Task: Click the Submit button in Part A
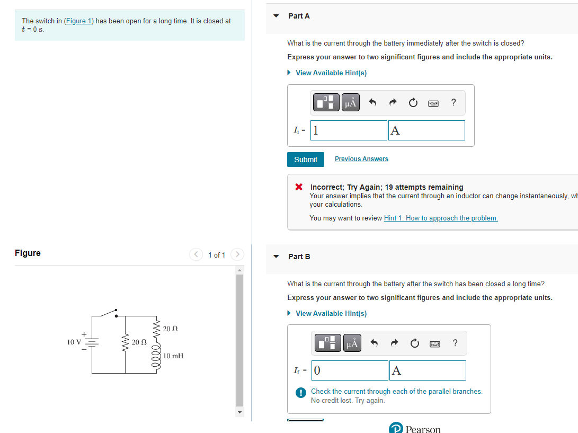(x=305, y=160)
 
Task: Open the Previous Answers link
(x=361, y=159)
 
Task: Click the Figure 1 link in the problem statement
(x=78, y=21)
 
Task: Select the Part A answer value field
(x=349, y=130)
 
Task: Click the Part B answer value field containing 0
(x=350, y=370)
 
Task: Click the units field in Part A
(x=426, y=130)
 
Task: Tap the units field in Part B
(x=428, y=370)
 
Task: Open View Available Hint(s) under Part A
(x=331, y=73)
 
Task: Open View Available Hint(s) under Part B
(x=331, y=313)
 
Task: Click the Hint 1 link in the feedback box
(x=440, y=218)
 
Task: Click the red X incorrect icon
(x=299, y=187)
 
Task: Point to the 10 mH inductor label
(x=173, y=356)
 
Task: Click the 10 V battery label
(x=74, y=342)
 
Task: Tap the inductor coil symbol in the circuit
(x=156, y=356)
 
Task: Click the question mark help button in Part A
(x=453, y=102)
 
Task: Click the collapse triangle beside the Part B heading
(x=275, y=257)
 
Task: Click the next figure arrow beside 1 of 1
(x=237, y=255)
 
